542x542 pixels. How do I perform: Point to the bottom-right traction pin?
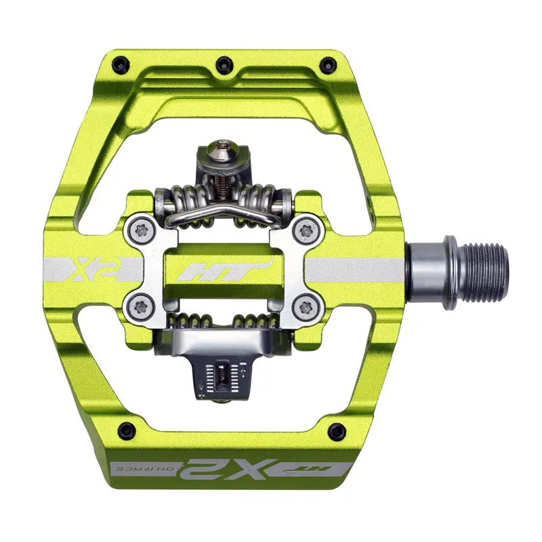pos(335,429)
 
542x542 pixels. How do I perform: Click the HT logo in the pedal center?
pos(224,270)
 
